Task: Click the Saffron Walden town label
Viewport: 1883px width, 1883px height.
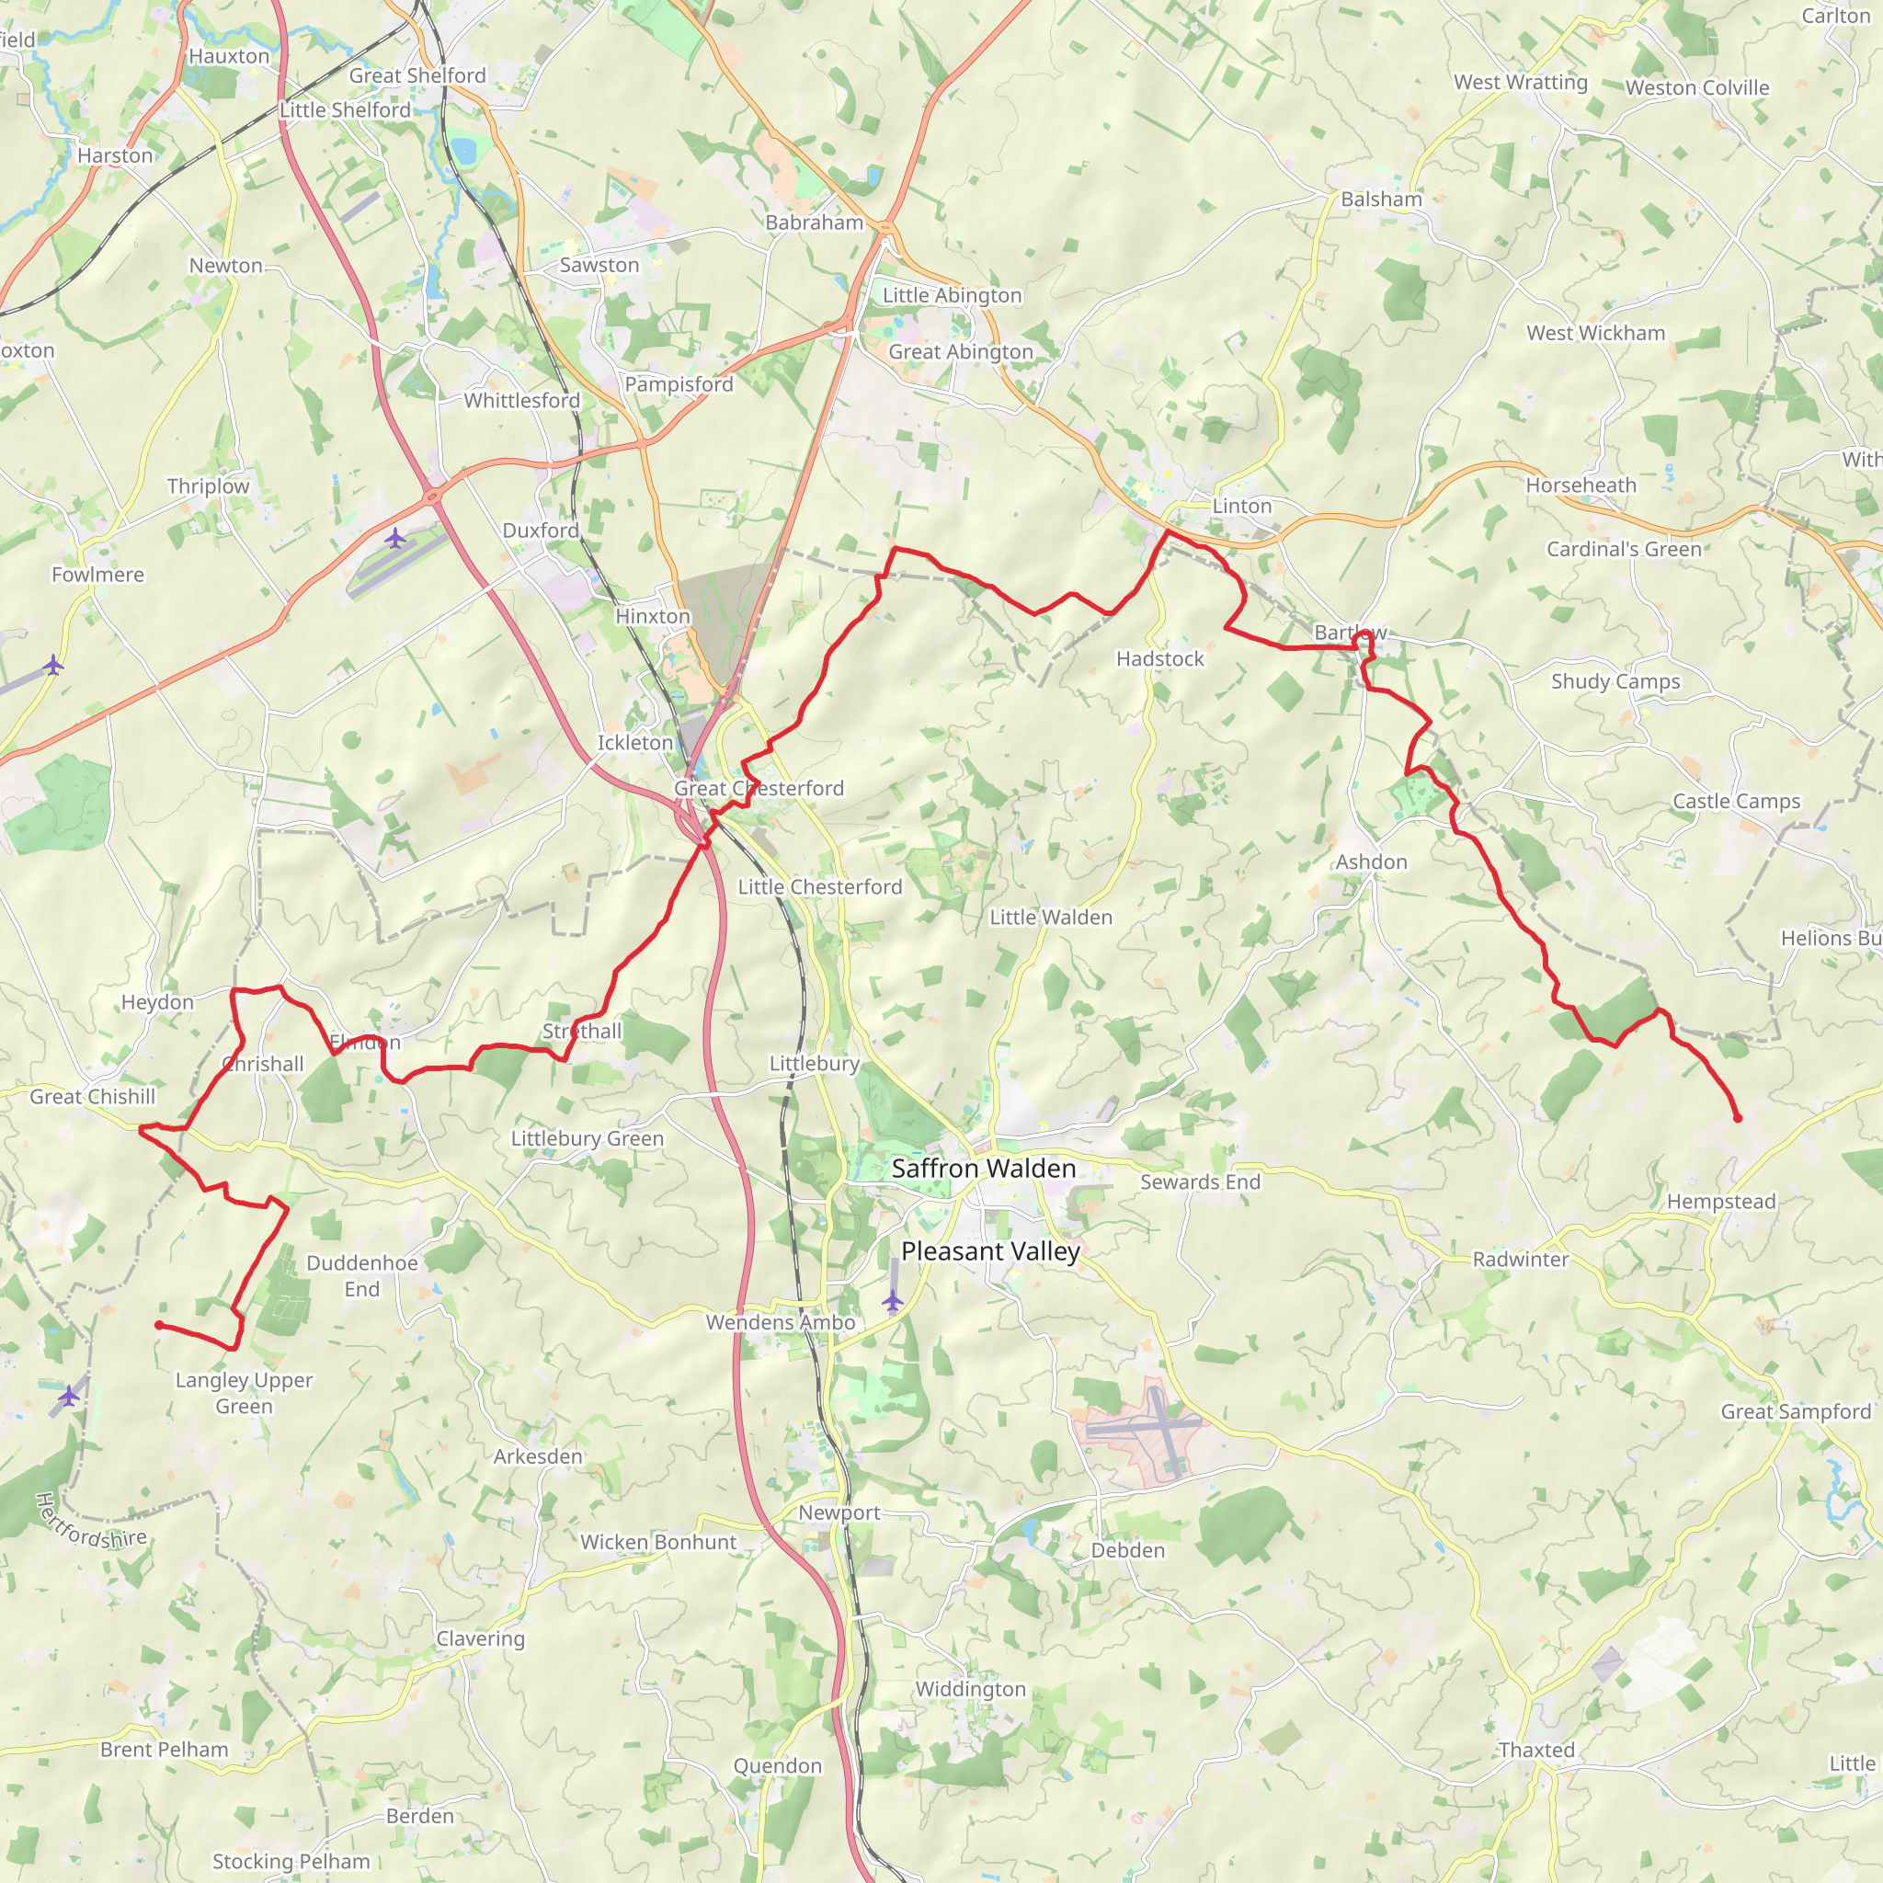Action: [984, 1169]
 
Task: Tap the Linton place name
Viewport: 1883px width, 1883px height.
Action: [1241, 506]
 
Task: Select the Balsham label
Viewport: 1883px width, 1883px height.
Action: [1381, 200]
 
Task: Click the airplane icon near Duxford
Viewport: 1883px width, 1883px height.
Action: [394, 537]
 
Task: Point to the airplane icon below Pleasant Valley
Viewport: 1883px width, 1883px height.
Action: [892, 1300]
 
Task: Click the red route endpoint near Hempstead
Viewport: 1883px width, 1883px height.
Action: [1737, 1118]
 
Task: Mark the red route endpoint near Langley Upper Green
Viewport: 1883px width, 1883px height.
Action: [159, 1326]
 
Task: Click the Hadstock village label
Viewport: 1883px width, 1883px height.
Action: [1159, 659]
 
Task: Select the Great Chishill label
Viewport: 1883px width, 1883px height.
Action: [93, 1097]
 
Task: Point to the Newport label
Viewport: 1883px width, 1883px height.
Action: [839, 1512]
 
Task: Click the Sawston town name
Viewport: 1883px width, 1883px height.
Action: [599, 265]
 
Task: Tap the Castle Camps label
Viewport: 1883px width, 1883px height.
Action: [1736, 801]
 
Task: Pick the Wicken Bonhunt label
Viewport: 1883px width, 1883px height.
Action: [658, 1542]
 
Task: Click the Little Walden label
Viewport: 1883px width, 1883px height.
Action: [1051, 917]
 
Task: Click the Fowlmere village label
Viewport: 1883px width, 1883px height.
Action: [97, 575]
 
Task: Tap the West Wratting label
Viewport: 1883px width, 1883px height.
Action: [1521, 83]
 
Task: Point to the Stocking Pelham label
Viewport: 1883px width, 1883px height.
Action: [291, 1862]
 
